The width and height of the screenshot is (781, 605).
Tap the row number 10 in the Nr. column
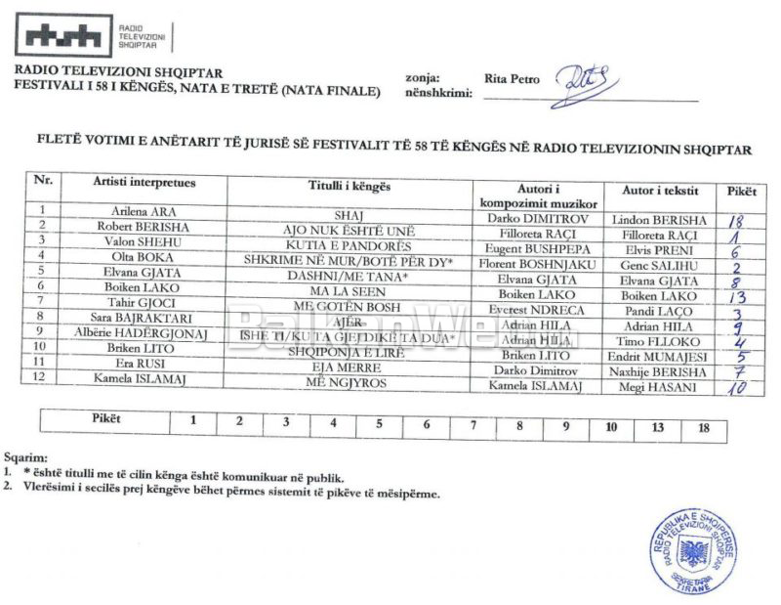[41, 346]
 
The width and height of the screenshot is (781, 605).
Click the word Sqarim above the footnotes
[24, 456]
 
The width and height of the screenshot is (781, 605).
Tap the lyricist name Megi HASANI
[655, 387]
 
